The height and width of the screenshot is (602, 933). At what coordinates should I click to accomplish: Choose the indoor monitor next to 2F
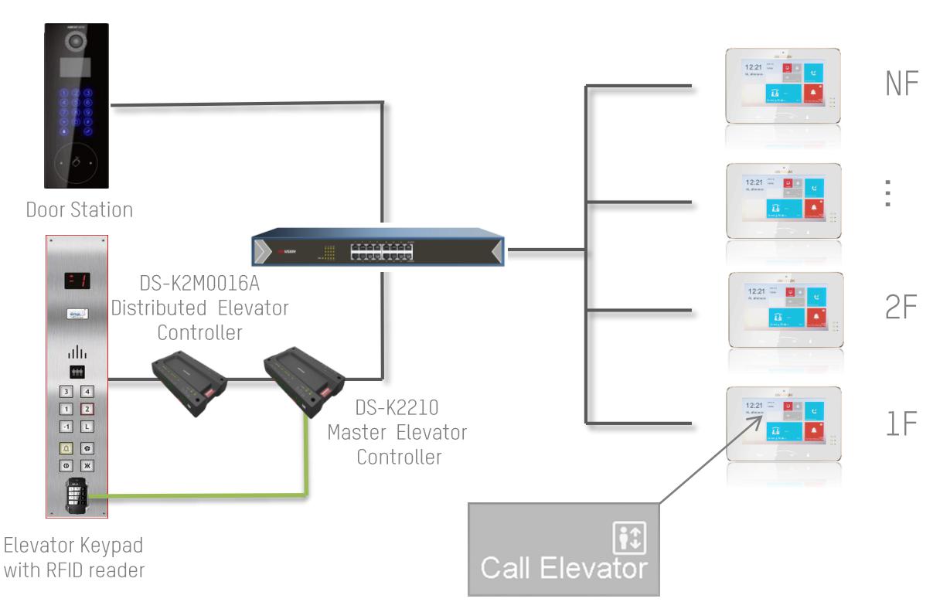coord(781,309)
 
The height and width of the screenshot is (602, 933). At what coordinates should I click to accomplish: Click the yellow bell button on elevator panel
coord(66,447)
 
